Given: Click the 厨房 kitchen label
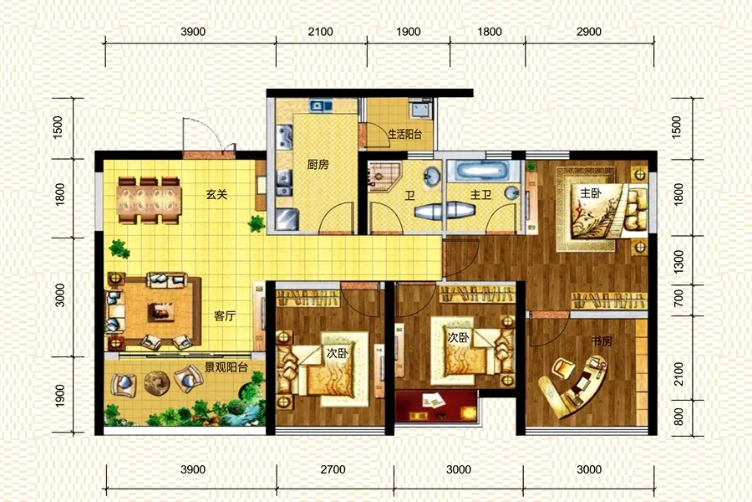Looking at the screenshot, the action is click(x=318, y=165).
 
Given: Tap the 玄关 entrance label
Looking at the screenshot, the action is click(x=216, y=195).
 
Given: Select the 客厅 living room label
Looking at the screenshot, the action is click(x=225, y=316).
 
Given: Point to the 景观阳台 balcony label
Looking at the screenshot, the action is click(x=226, y=368).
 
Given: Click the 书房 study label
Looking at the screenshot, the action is click(x=602, y=341).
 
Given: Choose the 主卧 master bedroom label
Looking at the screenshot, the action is click(x=591, y=193).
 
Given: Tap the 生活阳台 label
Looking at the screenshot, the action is click(x=404, y=135).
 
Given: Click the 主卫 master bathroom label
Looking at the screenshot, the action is click(x=480, y=195).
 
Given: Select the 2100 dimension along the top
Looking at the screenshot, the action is click(x=320, y=32).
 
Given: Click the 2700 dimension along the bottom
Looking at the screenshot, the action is click(x=333, y=469).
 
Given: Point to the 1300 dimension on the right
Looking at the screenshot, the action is click(x=678, y=261).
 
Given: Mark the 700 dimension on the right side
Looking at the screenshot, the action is click(x=678, y=299).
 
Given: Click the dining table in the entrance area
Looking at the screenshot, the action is click(x=150, y=201).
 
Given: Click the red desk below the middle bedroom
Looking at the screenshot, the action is click(x=435, y=406).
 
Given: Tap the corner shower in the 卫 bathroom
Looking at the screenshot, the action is click(x=384, y=176).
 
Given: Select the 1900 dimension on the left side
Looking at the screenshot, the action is click(x=59, y=396).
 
